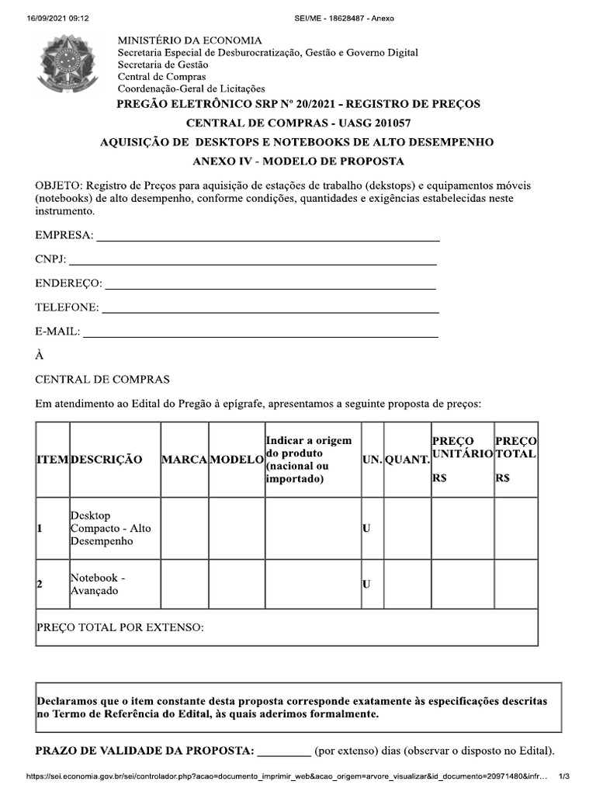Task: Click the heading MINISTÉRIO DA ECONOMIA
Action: pos(189,40)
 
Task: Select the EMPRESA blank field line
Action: pos(267,239)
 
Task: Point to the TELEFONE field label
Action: pos(67,307)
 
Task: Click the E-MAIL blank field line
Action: pos(260,335)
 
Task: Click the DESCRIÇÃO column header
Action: pos(107,460)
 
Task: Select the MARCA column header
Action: pos(185,460)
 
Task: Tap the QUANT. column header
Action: pos(407,460)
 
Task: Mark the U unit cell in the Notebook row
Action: pos(367,585)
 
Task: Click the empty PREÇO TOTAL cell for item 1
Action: pos(516,528)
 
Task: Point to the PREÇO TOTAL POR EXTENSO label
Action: pos(120,627)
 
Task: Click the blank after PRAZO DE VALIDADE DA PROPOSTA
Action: pos(283,752)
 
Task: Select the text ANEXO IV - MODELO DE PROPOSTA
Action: pos(298,161)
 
